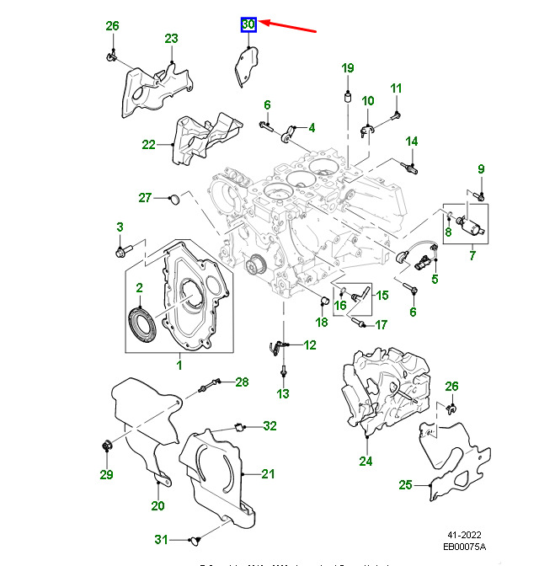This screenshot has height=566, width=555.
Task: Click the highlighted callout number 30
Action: [x=248, y=25]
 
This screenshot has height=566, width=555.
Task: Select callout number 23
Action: [x=171, y=39]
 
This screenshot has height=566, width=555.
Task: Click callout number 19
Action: [x=348, y=68]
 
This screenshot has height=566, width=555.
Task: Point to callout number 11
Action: [x=396, y=88]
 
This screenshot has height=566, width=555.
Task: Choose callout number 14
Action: [x=412, y=141]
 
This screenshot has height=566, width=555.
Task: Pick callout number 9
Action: [x=481, y=169]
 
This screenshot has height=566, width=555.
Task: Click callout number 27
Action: [x=144, y=198]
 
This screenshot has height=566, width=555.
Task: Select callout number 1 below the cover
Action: [x=179, y=365]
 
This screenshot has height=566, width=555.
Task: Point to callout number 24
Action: [x=366, y=461]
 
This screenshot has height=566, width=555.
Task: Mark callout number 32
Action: [x=269, y=426]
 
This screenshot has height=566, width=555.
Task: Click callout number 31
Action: [x=162, y=539]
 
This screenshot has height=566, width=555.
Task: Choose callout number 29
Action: [x=106, y=475]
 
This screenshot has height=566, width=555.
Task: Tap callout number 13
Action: [x=283, y=393]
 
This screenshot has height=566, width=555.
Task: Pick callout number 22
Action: [x=149, y=144]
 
